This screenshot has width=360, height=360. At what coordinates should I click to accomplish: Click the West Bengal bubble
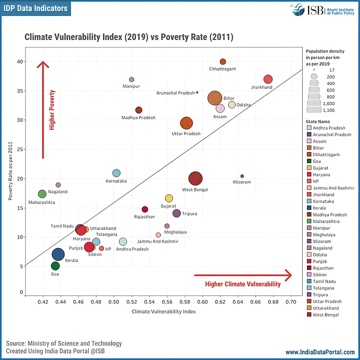point(196,178)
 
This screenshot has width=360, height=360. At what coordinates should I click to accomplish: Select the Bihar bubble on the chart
point(215,98)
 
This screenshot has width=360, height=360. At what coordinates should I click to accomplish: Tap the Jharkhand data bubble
point(268,79)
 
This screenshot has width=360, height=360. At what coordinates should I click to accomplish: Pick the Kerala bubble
point(58,254)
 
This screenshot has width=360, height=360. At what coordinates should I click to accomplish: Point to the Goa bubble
point(55,266)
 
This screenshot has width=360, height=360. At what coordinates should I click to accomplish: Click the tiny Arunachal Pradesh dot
point(197,92)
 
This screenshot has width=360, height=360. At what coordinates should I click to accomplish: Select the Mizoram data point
point(242,176)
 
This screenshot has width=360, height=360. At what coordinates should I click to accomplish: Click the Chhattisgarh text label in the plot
point(222,69)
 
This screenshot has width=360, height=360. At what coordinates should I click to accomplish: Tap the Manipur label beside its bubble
point(131,86)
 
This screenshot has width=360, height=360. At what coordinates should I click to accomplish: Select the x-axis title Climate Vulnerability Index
point(163,311)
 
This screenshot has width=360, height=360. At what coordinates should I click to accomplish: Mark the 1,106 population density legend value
point(328,110)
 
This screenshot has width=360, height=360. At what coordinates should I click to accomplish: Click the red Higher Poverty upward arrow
point(43,107)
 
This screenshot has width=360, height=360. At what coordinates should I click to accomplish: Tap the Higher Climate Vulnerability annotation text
point(243,284)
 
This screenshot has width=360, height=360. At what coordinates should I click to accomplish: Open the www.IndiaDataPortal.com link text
point(320,352)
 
